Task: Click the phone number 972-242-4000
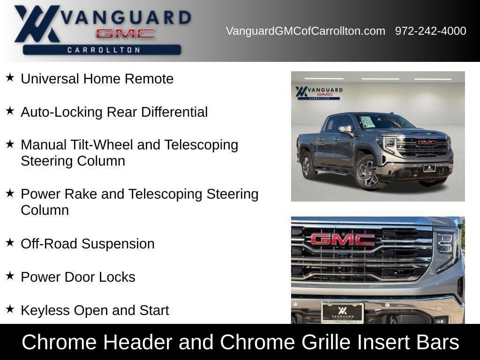430,31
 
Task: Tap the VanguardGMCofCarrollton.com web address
306,31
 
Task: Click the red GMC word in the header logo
125,34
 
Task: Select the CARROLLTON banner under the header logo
102,50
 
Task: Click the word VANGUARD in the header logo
126,17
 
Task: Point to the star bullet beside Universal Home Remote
10,77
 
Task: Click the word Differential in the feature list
174,112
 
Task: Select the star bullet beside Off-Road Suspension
10,242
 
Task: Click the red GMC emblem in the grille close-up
343,240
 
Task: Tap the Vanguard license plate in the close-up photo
342,313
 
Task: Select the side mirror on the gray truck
346,130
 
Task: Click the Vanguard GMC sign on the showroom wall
319,93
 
